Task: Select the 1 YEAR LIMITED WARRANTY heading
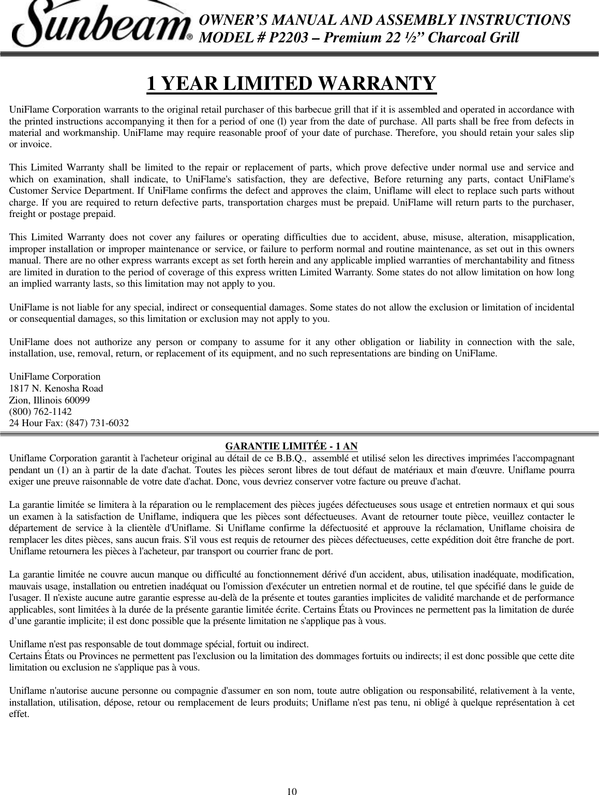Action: coord(292,83)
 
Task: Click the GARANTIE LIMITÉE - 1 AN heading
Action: coord(292,446)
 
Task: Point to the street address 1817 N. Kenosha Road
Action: coord(56,388)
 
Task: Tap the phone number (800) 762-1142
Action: coord(41,412)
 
